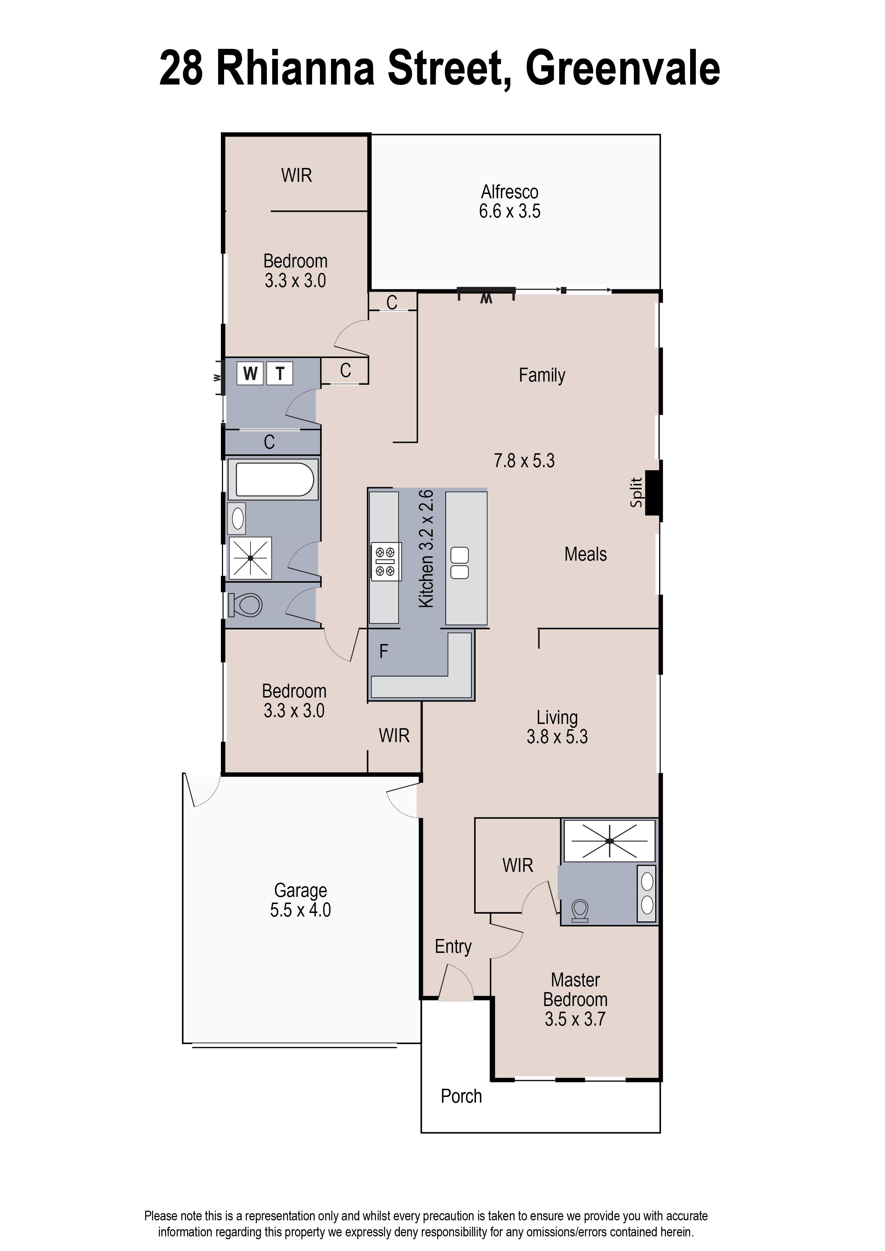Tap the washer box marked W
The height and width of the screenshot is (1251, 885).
[x=250, y=374]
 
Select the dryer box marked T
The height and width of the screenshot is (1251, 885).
[x=280, y=374]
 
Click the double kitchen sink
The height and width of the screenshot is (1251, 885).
[x=459, y=563]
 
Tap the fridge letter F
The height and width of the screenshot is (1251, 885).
[x=384, y=651]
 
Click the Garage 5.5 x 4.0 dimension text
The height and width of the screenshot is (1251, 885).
[x=300, y=910]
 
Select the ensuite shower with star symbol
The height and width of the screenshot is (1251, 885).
[x=609, y=841]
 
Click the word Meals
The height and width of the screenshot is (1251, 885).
[x=585, y=554]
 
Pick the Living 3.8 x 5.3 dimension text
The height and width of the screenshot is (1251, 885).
[x=557, y=737]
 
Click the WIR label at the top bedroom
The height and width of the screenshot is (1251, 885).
[x=296, y=175]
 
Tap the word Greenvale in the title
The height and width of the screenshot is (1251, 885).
[x=622, y=69]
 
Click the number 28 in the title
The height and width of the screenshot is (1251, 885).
[x=181, y=69]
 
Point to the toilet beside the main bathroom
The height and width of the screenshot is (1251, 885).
[x=246, y=605]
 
